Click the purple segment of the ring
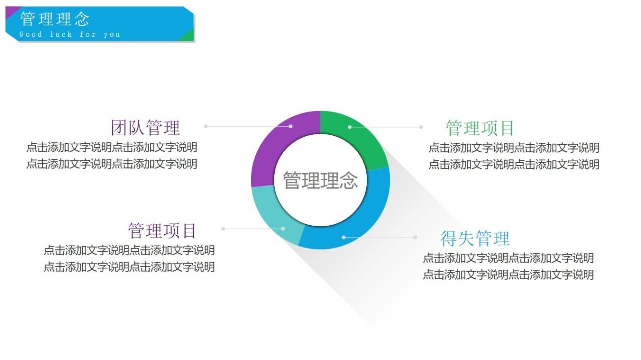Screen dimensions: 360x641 point(270,150)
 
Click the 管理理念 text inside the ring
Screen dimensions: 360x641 point(320,180)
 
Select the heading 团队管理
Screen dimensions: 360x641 point(145,128)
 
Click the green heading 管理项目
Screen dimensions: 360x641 point(480,128)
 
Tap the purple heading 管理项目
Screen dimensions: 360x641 point(162,231)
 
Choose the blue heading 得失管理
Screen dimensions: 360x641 point(475,239)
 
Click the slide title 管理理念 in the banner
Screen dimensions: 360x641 point(55,19)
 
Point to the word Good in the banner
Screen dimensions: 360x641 point(31,35)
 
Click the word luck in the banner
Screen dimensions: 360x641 point(61,35)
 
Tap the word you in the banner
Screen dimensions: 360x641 point(112,35)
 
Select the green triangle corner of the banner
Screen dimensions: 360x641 point(187,36)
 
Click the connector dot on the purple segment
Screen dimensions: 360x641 point(291,126)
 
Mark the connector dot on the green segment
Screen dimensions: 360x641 point(350,127)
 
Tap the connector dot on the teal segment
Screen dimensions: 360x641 point(283,229)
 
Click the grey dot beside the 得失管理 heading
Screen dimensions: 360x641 point(415,237)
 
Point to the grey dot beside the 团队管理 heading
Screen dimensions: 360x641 point(206,126)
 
